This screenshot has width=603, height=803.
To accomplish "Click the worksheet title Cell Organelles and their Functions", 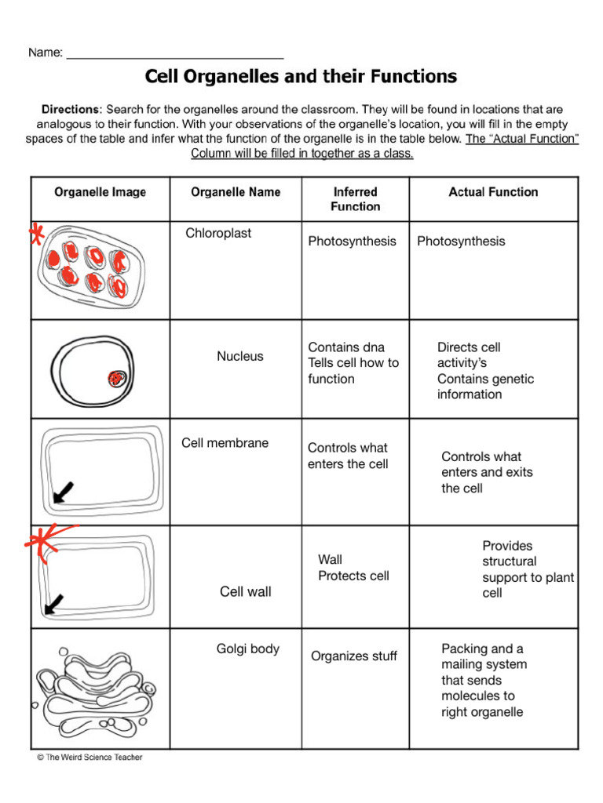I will pos(301,76).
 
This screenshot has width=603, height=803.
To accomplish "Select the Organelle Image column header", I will pos(100,192).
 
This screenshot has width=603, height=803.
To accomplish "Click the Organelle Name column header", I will pos(236,192).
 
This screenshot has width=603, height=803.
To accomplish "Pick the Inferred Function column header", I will pos(355,199).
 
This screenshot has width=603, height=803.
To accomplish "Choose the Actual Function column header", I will pos(493,192).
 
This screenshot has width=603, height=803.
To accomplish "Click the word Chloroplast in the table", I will pos(218,234).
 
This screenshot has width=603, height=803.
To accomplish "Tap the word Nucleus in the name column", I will pos(240,356).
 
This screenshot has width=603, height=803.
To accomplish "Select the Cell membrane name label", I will pos(225,443).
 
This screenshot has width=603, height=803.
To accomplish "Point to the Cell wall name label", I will pos(246,592).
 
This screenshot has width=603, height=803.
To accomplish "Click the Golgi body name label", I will pos(248,649).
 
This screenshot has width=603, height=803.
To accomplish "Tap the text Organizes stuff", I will pos(354,656).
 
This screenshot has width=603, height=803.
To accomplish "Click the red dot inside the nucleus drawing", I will pos(116,380).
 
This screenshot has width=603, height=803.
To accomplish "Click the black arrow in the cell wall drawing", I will pos(56,602).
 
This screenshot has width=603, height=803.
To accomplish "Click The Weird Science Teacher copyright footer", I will pos(90,758).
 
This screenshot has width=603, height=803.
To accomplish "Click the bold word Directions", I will pos(71,110).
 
